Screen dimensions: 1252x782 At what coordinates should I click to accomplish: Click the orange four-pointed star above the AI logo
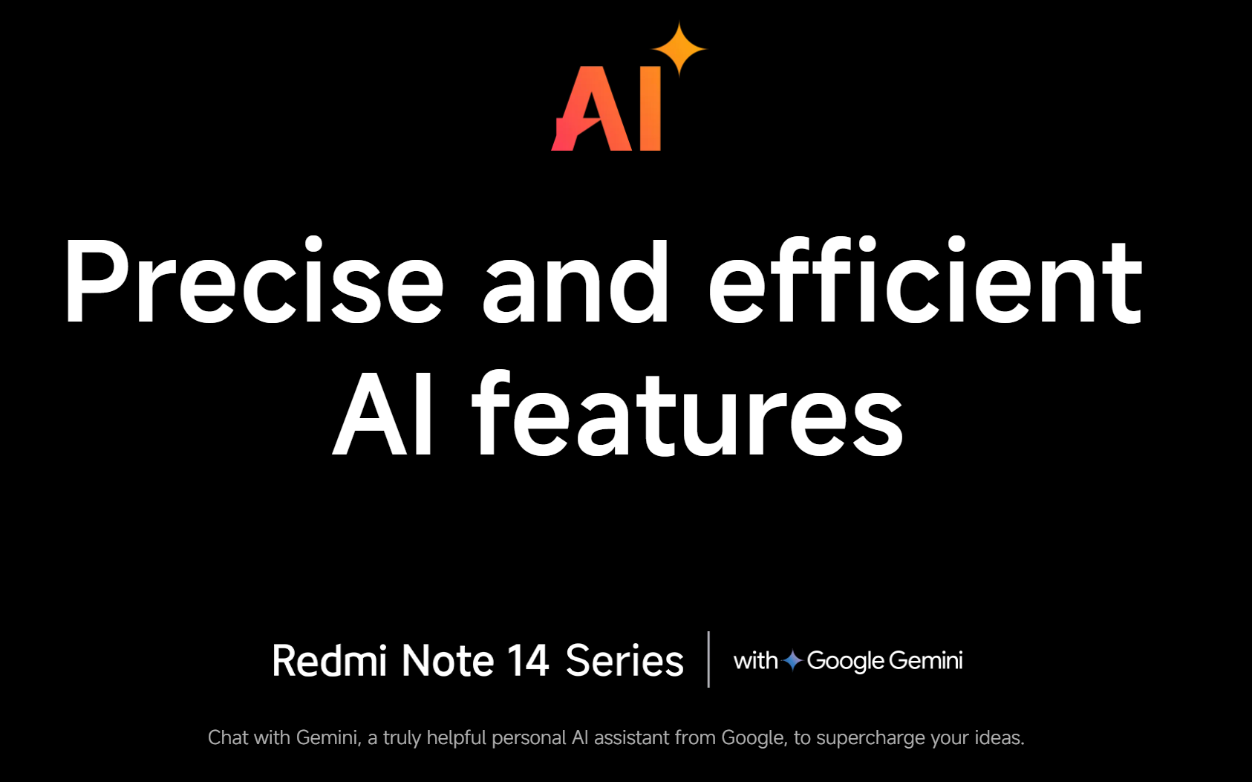679,49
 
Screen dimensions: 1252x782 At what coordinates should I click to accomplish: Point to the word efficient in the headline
926,279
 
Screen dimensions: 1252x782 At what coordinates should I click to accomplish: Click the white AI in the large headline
382,414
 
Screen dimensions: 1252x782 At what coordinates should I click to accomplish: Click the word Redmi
329,661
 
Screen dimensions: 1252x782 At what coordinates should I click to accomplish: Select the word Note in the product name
448,661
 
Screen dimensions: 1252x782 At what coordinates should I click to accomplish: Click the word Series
625,661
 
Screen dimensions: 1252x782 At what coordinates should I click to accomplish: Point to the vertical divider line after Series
708,659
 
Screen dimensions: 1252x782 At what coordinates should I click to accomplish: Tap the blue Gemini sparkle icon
792,660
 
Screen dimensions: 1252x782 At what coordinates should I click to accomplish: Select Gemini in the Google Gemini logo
925,660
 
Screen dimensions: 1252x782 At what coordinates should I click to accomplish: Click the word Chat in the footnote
228,738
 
